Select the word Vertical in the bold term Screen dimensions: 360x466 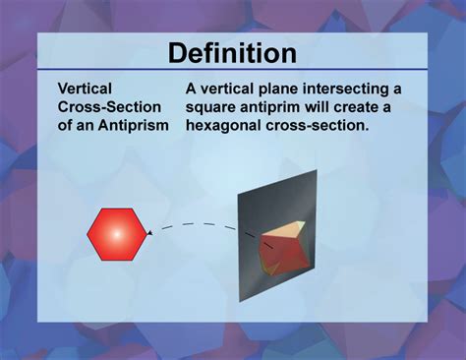pos(86,89)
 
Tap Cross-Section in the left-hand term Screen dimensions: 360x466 pos(109,106)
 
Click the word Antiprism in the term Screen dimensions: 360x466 pos(134,124)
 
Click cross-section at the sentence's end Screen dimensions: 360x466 pos(319,124)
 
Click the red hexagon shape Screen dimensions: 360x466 pos(115,233)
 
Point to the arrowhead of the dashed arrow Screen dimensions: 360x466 pos(147,234)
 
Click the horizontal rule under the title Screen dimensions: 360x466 pos(232,70)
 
